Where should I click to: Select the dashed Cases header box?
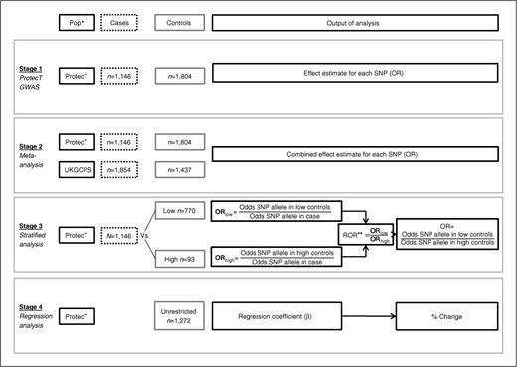(x=124, y=20)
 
